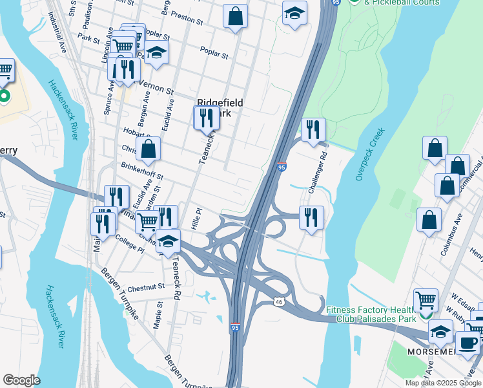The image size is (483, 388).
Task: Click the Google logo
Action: coord(21,380)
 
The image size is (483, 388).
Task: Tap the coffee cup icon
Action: coord(468,343)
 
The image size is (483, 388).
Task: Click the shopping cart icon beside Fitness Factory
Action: coord(426,299)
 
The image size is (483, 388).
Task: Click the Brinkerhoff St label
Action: coord(142,171)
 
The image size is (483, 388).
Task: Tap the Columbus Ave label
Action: coord(451,237)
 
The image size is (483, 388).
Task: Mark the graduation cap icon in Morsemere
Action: coord(440,332)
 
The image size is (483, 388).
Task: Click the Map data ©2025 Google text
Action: coord(443,383)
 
